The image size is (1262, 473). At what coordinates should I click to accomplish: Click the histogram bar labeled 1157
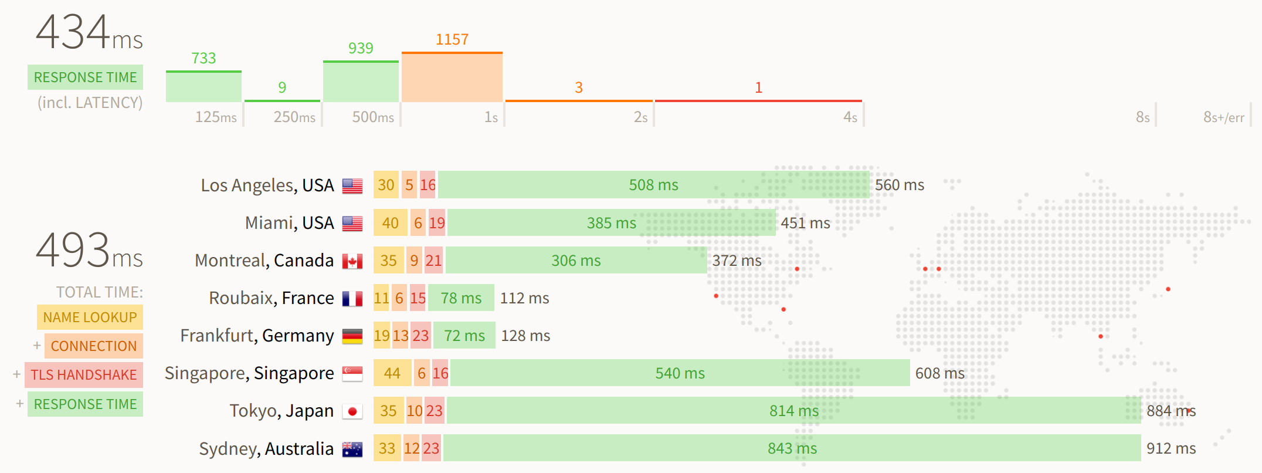[452, 77]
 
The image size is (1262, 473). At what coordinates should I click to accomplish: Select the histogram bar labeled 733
[203, 87]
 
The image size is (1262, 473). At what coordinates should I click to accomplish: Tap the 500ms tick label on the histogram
[373, 117]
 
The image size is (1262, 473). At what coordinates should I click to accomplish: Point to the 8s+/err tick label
[1223, 117]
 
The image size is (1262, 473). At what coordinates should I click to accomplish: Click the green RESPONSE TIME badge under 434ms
[85, 77]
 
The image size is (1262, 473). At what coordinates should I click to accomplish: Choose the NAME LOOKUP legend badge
[90, 317]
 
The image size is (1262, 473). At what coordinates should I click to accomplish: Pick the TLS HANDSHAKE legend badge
[84, 375]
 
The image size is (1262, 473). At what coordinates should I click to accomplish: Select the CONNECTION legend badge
[93, 346]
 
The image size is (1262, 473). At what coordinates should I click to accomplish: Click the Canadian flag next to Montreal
[352, 261]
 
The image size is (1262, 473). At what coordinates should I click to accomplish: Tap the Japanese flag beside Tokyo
[352, 411]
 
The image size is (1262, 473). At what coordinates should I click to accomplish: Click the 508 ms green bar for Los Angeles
[653, 185]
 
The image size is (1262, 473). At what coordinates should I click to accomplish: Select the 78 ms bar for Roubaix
[461, 298]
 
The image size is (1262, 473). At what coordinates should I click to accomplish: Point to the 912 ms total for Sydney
[1171, 449]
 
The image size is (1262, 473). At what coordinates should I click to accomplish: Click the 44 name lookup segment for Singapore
[392, 373]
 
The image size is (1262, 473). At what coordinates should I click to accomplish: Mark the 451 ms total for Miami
[805, 224]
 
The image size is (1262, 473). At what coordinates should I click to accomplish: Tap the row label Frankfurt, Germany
[257, 336]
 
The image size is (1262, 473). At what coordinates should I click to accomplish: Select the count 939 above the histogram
[361, 48]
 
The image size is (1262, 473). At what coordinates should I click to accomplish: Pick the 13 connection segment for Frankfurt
[401, 336]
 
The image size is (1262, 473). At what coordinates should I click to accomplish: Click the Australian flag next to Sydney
[352, 450]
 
